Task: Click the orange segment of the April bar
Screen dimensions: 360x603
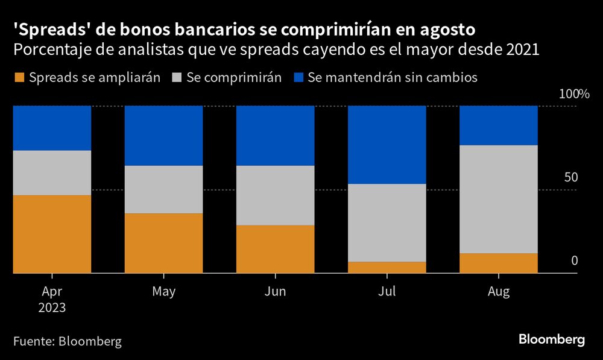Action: pos(52,234)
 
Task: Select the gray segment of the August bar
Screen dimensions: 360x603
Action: pos(499,199)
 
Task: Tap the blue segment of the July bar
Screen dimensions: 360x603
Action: pos(387,145)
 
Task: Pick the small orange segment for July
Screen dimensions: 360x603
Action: pos(387,267)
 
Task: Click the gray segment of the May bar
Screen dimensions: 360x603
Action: pos(163,189)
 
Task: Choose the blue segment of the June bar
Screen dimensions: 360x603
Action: pos(275,136)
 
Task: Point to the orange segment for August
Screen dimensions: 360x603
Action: pos(499,263)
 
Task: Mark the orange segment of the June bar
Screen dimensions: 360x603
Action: pos(275,249)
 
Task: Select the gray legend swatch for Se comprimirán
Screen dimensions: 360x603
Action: pos(177,78)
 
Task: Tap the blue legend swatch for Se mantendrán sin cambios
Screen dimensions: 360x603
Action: pos(298,78)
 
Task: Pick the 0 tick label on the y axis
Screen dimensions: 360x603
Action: pos(574,261)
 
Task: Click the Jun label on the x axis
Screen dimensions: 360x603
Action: pos(275,292)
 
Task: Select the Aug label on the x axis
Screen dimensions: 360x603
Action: pos(499,292)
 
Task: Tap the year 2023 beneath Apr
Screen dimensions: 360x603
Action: pos(52,307)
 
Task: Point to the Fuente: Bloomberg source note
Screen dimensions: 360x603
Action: pos(67,341)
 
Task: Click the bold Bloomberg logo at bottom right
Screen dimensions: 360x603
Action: pos(552,340)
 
